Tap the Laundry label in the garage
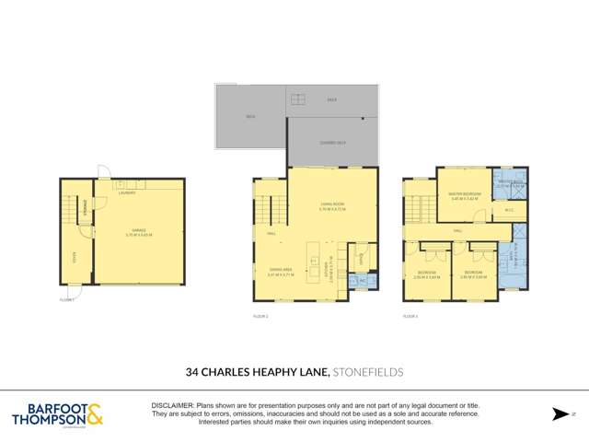(x=126, y=192)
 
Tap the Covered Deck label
(x=332, y=143)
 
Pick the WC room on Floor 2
(x=363, y=279)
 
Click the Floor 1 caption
(x=66, y=299)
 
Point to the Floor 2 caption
(x=260, y=316)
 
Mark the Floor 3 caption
(x=410, y=316)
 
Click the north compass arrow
(x=559, y=414)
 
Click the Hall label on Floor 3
(x=457, y=231)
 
